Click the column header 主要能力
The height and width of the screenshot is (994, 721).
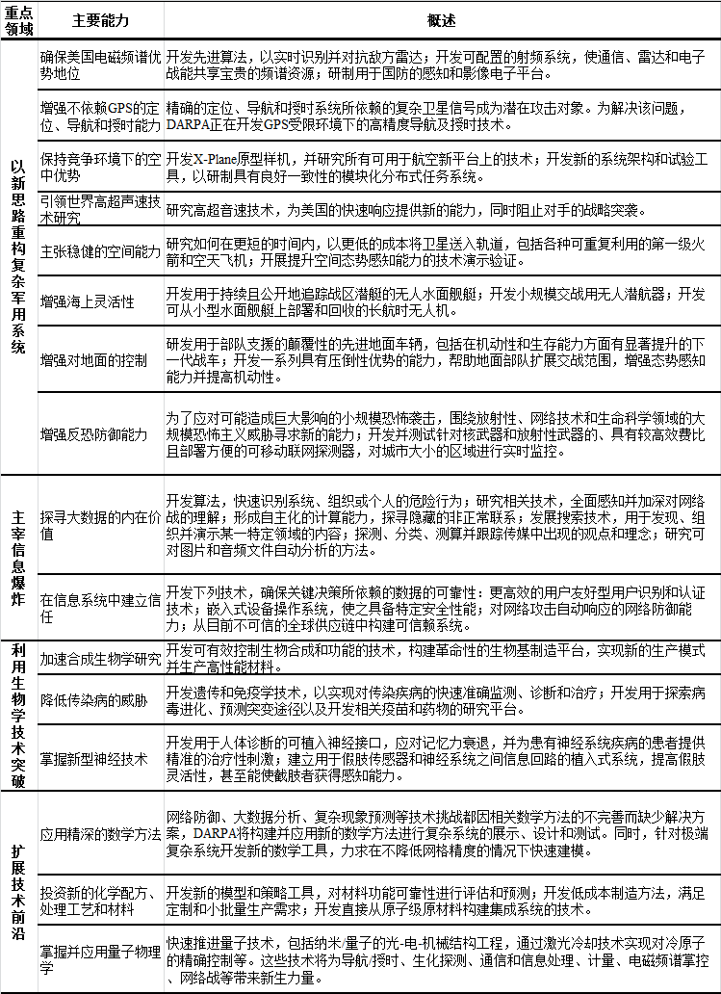[x=100, y=20]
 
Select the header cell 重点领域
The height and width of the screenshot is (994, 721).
[x=19, y=20]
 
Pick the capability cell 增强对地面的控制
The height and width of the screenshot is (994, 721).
[x=93, y=360]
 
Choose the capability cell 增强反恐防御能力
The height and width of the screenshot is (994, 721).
[x=93, y=434]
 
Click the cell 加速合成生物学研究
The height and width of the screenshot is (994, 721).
[x=100, y=660]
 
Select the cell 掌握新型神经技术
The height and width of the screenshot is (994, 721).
[x=93, y=758]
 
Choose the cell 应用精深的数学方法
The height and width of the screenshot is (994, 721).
[x=100, y=833]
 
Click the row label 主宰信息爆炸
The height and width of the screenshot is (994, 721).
[x=19, y=557]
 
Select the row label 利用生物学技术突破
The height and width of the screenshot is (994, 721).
[x=19, y=714]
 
